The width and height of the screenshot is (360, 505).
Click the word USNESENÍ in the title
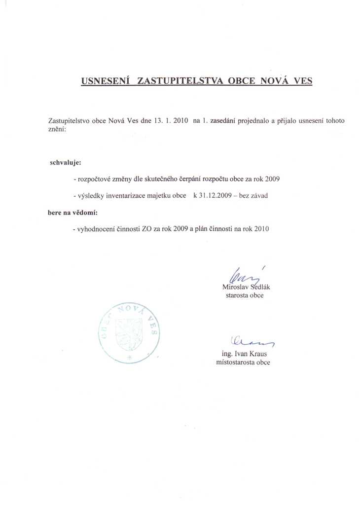105,80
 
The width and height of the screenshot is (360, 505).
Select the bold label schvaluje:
66,162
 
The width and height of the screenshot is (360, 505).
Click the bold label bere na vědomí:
72,213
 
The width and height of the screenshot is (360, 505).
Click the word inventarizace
124,196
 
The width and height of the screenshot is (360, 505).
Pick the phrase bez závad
253,196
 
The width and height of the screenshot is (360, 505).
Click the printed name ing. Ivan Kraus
244,354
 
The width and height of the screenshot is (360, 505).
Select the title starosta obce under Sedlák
245,295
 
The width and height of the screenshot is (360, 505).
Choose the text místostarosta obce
243,362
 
